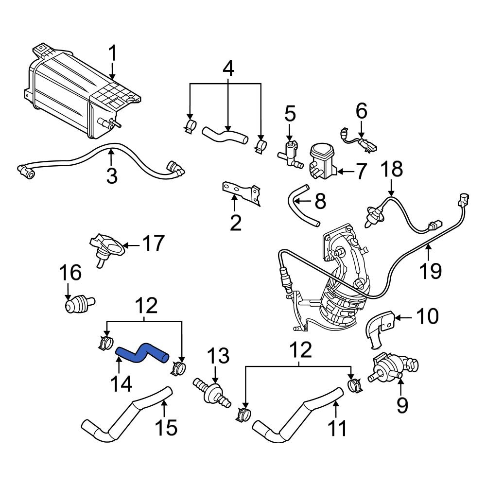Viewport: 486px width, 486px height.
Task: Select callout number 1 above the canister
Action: [112, 54]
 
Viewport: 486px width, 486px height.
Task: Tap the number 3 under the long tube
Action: [112, 175]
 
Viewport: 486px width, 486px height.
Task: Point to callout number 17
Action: [153, 243]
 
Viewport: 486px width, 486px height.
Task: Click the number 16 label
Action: [70, 274]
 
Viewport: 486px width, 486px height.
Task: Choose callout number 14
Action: [121, 385]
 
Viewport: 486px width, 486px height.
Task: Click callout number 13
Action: [218, 357]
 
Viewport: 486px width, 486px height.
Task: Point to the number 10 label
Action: [428, 317]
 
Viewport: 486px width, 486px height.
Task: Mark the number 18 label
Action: [391, 170]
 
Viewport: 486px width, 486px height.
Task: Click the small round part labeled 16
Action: [75, 305]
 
